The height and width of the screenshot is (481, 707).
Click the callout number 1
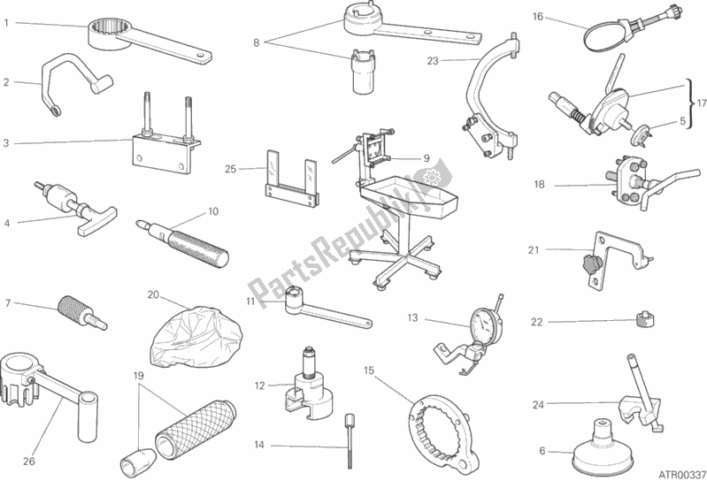pyautogui.click(x=6, y=22)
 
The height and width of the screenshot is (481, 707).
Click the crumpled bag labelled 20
pyautogui.click(x=196, y=335)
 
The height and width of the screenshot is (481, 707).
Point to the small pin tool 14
pyautogui.click(x=349, y=440)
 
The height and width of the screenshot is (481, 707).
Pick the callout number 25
pyautogui.click(x=230, y=170)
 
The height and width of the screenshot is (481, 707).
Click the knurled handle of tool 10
pyautogui.click(x=198, y=248)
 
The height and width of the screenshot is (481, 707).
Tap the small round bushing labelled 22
pyautogui.click(x=645, y=319)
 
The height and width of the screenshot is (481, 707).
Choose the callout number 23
pyautogui.click(x=433, y=61)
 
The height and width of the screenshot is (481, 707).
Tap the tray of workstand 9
pyautogui.click(x=410, y=192)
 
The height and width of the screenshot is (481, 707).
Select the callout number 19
pyautogui.click(x=138, y=375)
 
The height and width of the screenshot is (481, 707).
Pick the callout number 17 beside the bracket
pyautogui.click(x=702, y=103)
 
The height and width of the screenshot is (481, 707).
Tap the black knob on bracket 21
pyautogui.click(x=587, y=263)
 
